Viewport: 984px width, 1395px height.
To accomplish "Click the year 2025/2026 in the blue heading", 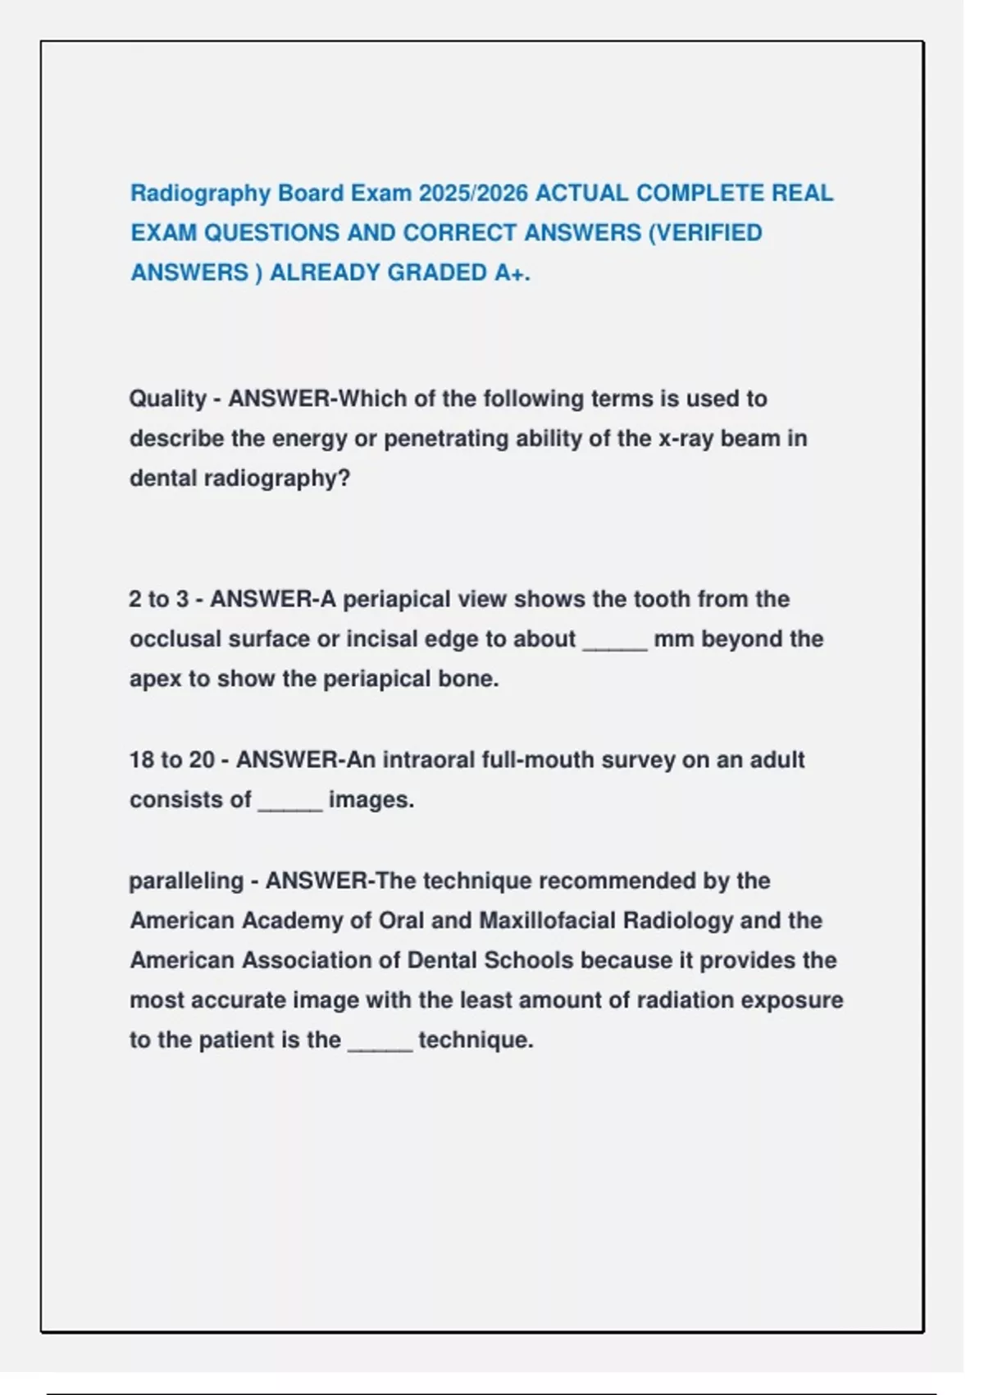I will click(x=473, y=194).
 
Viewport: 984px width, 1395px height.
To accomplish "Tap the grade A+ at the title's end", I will click(x=512, y=272).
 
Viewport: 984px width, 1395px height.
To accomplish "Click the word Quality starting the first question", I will click(x=167, y=399).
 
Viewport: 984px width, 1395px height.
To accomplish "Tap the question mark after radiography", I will click(x=344, y=478).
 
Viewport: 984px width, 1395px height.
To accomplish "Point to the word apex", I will click(x=155, y=679).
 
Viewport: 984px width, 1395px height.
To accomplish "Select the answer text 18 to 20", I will click(x=171, y=760).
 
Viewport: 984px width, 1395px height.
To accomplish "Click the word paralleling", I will click(x=186, y=881).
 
